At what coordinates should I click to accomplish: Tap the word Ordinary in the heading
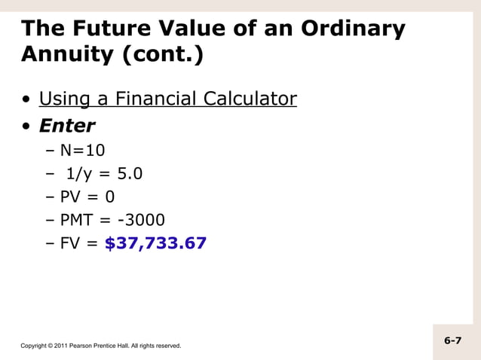(x=354, y=29)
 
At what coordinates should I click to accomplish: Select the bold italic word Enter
(x=67, y=125)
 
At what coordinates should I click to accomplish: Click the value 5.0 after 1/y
(x=129, y=174)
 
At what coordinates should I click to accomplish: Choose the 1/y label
(x=79, y=174)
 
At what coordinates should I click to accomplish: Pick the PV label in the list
(x=72, y=197)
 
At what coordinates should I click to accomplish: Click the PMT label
(x=78, y=221)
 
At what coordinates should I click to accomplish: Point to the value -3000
(x=138, y=221)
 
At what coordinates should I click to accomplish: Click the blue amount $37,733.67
(x=155, y=244)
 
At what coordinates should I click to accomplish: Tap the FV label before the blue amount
(x=71, y=244)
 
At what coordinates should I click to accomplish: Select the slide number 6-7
(x=452, y=340)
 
